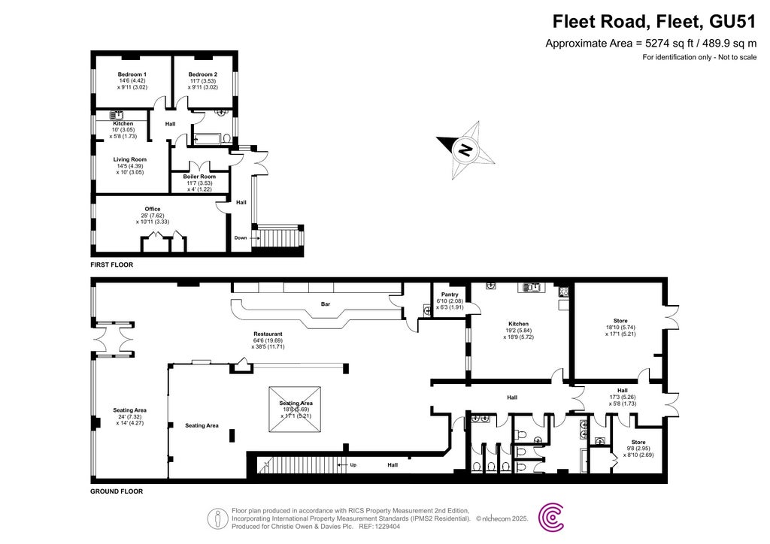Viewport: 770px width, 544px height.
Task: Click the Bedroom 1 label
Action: (132, 74)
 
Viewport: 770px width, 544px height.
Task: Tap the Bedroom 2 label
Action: (203, 74)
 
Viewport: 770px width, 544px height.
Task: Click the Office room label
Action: (153, 209)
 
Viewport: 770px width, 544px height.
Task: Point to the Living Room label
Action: (130, 159)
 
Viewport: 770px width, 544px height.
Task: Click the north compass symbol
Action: (465, 149)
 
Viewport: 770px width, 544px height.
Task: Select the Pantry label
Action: (450, 295)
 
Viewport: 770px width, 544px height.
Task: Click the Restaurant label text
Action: (268, 334)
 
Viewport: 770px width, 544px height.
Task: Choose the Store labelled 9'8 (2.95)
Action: (638, 442)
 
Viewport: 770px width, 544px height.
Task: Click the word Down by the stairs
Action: (240, 238)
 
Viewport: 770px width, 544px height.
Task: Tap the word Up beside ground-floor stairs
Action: (353, 465)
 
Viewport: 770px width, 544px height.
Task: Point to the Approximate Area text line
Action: (650, 44)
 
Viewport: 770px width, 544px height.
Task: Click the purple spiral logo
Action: (553, 518)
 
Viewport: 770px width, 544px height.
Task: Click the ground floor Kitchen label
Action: (518, 324)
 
